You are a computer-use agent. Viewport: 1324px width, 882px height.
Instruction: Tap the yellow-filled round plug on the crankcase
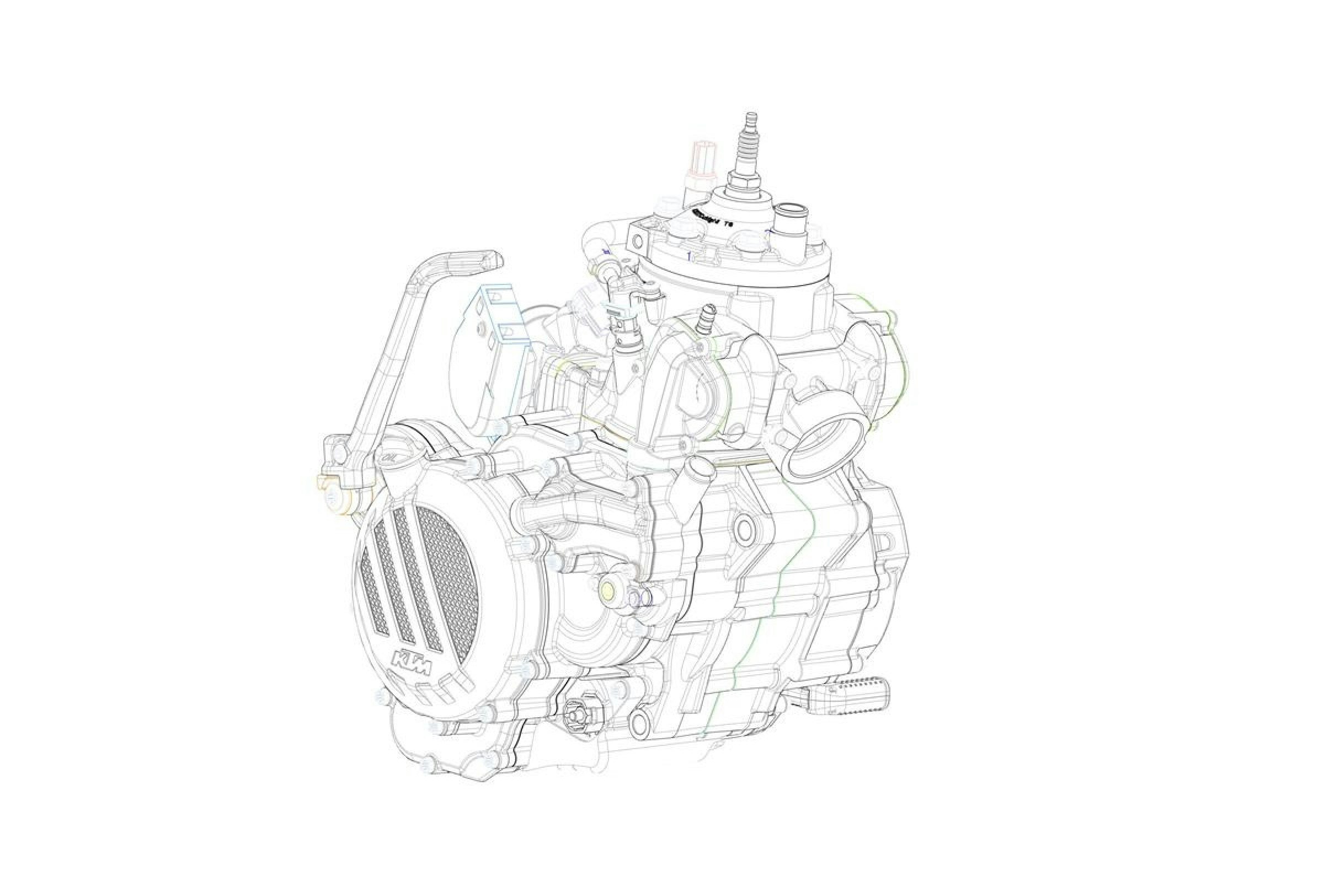click(609, 589)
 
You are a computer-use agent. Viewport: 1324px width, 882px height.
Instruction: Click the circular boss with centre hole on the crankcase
click(744, 528)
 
